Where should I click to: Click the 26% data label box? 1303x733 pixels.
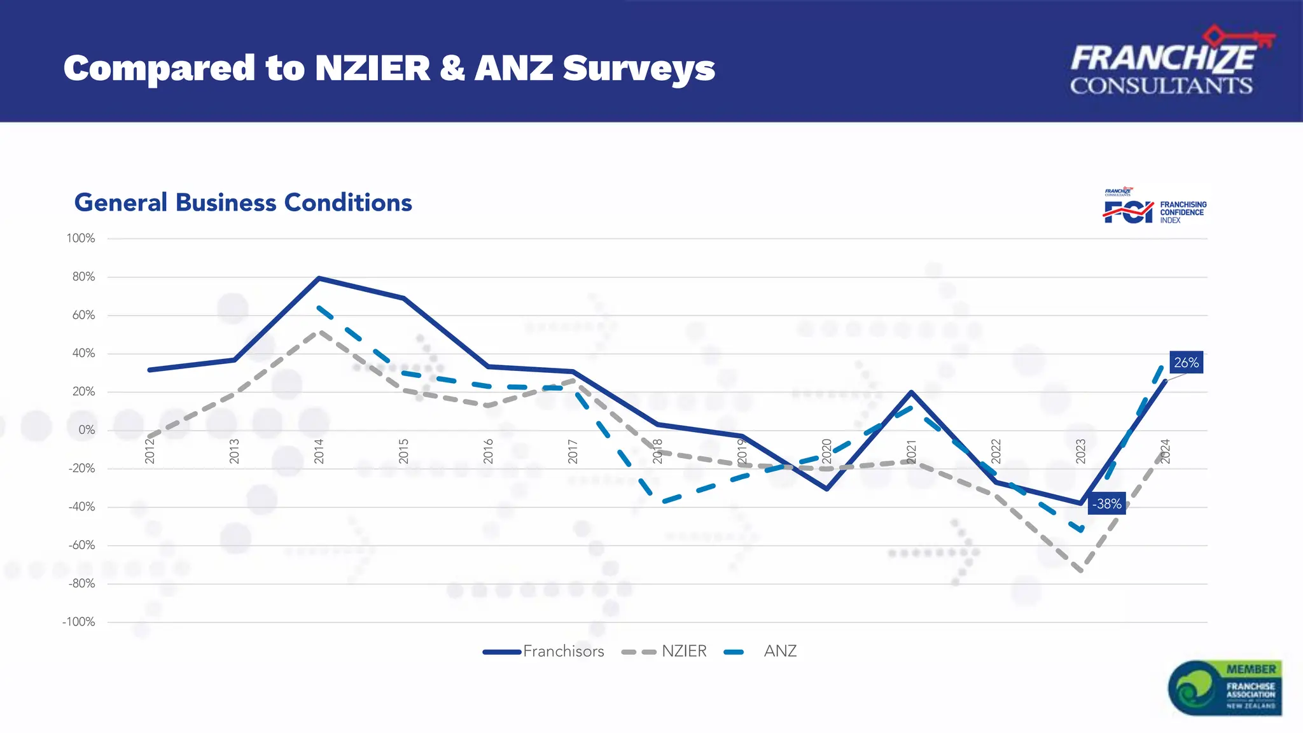tap(1186, 363)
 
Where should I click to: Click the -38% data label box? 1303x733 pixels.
tap(1106, 504)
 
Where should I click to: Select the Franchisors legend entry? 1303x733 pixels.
tap(543, 651)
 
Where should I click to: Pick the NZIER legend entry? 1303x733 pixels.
tap(664, 651)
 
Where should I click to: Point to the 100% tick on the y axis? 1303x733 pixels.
tap(81, 239)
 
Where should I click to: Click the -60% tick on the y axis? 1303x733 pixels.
tap(81, 545)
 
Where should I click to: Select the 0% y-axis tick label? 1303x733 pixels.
tap(87, 430)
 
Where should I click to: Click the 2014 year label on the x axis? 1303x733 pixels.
tap(319, 451)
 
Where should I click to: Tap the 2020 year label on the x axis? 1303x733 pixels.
tap(826, 451)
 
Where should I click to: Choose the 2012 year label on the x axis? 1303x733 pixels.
tap(150, 451)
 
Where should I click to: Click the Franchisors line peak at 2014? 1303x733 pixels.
tap(319, 278)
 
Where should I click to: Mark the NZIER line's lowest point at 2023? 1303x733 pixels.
tap(1081, 570)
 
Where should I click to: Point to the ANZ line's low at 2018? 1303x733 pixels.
tap(662, 502)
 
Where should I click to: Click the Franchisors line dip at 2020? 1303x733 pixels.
tap(826, 489)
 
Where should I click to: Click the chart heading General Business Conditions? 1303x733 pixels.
tap(243, 202)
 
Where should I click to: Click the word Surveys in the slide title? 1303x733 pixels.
tap(639, 68)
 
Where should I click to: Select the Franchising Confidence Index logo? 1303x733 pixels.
tap(1154, 207)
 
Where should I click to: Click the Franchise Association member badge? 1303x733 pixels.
tap(1225, 688)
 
